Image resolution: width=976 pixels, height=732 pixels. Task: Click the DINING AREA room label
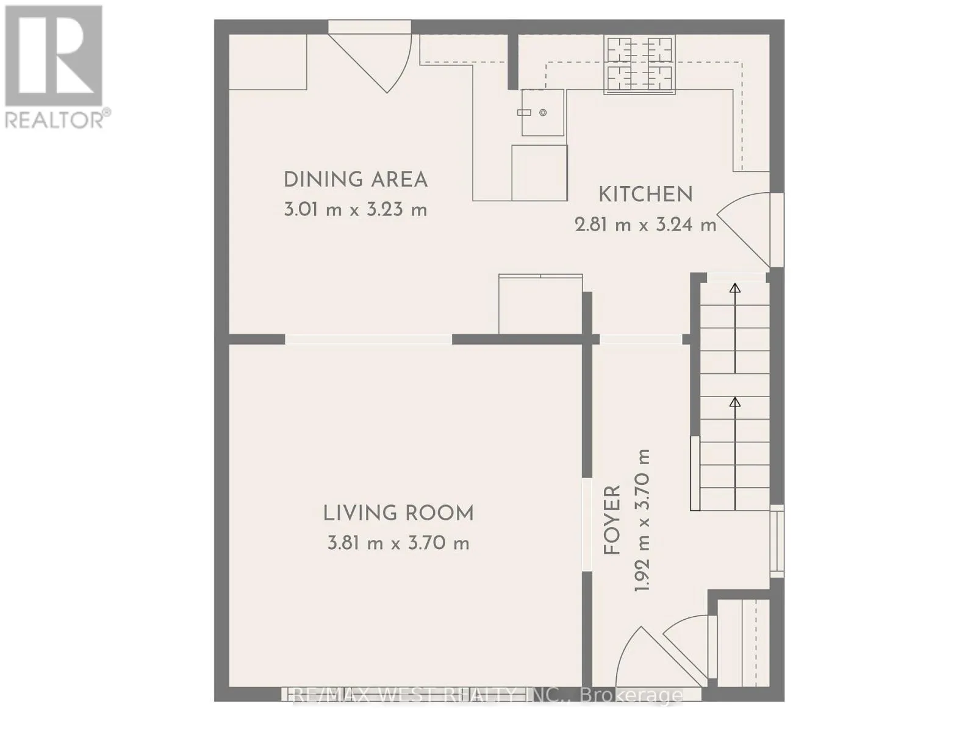(x=355, y=179)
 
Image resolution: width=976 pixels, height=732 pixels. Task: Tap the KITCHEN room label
(x=645, y=195)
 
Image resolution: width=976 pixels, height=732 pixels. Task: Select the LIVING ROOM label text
(x=398, y=514)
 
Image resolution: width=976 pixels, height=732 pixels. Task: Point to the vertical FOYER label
(x=612, y=520)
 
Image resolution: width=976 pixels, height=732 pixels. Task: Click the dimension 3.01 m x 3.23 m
(x=355, y=210)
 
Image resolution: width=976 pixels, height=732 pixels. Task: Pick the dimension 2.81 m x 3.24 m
(x=645, y=225)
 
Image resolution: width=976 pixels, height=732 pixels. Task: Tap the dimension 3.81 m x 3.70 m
(x=398, y=543)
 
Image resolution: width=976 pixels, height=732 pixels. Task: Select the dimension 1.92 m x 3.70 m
(x=642, y=520)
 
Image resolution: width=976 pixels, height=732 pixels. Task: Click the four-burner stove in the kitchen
(x=639, y=65)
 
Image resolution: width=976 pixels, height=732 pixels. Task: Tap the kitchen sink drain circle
(x=542, y=113)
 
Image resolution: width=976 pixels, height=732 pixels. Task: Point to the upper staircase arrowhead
(x=735, y=289)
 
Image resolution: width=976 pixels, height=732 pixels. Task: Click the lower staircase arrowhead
(x=735, y=402)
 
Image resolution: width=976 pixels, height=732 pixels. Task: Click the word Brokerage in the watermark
(x=633, y=695)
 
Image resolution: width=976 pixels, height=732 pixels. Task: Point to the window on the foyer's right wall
(x=777, y=541)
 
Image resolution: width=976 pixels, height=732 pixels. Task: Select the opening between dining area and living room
(x=368, y=340)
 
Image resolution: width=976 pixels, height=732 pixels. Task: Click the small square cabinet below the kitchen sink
(x=539, y=173)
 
